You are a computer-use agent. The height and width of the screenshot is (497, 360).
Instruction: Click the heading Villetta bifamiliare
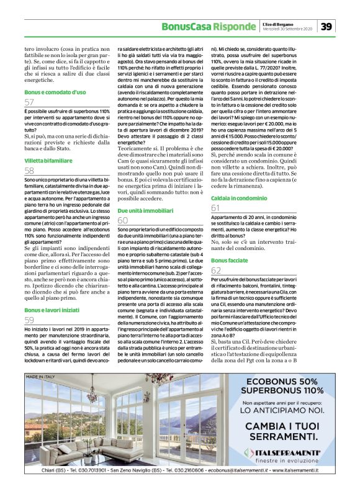(x=48, y=160)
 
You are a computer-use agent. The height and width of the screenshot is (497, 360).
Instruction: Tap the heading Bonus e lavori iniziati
(x=53, y=310)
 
